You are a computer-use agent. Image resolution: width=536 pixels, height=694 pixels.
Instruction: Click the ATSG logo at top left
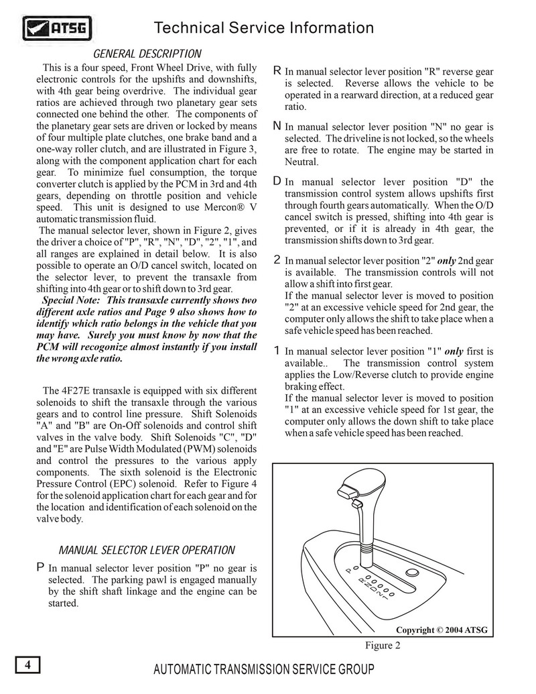click(x=57, y=29)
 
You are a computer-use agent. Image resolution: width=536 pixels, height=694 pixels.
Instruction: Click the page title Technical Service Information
click(x=263, y=28)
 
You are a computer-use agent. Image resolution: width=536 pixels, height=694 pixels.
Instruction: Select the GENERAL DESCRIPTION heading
click(x=147, y=54)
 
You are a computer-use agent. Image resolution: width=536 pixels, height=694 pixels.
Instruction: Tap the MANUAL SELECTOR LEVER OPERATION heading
click(x=147, y=551)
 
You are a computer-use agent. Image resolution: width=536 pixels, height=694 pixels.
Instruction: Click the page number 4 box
click(x=27, y=665)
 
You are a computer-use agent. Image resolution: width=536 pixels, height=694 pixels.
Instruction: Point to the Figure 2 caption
click(x=383, y=646)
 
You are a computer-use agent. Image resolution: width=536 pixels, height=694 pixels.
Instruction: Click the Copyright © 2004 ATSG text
click(x=442, y=630)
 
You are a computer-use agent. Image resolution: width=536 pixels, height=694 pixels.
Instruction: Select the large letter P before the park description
click(x=40, y=568)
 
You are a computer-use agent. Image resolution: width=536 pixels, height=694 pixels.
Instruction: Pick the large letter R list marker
click(x=277, y=71)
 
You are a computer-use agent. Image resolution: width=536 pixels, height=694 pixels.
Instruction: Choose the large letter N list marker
click(x=277, y=126)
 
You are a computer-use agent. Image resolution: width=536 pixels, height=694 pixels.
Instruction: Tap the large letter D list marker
click(x=277, y=181)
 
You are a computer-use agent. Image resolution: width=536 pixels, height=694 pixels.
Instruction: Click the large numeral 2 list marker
click(x=277, y=260)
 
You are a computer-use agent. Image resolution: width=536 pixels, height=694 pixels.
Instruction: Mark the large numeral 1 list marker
click(x=277, y=351)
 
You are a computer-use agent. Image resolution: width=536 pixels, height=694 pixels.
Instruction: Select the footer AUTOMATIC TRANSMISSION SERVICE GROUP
click(x=264, y=670)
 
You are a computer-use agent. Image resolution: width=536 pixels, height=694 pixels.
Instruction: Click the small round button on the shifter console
click(x=413, y=573)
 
